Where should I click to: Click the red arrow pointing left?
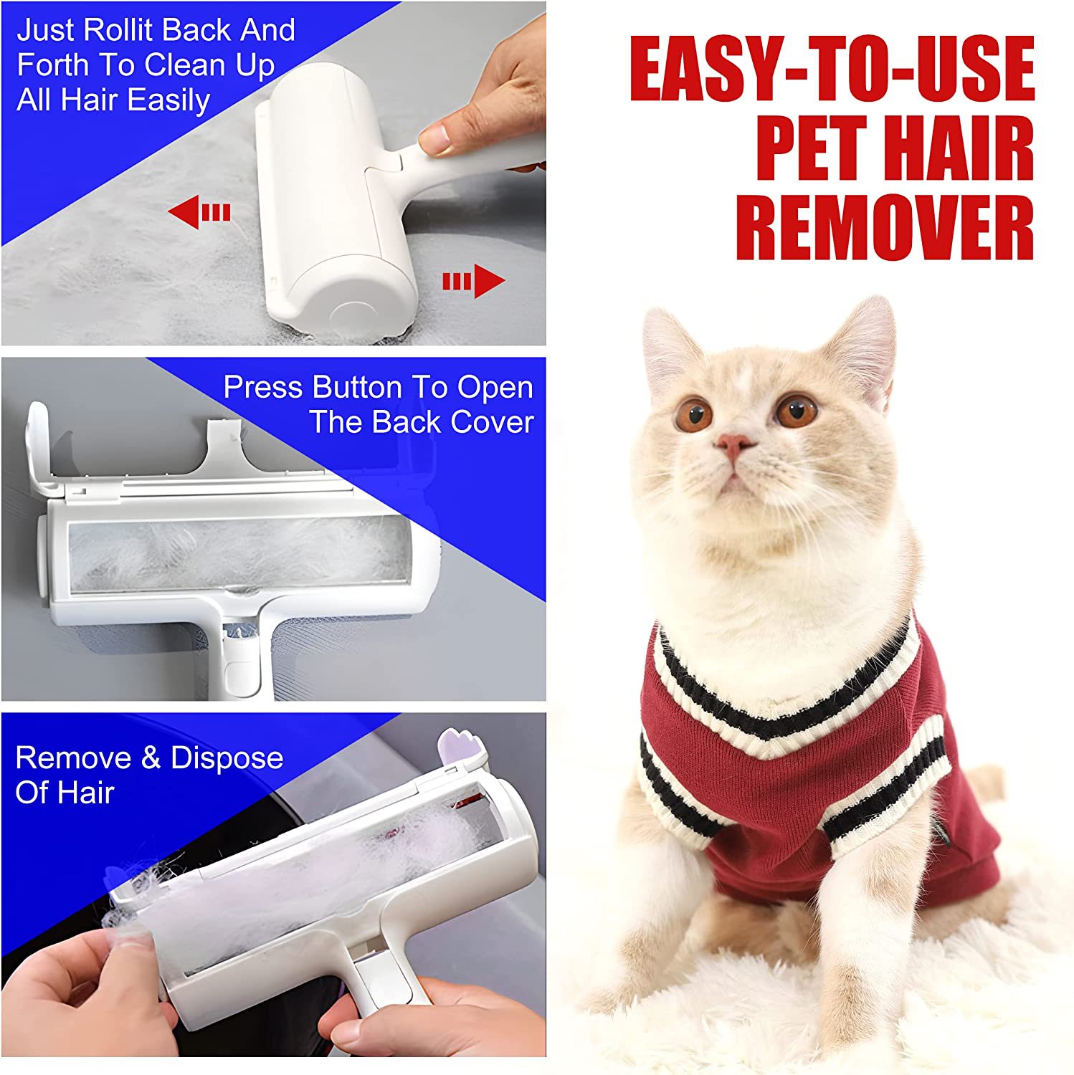pyautogui.click(x=199, y=212)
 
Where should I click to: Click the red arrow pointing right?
pyautogui.click(x=474, y=281)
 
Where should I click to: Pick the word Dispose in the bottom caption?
pyautogui.click(x=227, y=758)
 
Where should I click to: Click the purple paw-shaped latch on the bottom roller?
pyautogui.click(x=460, y=745)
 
